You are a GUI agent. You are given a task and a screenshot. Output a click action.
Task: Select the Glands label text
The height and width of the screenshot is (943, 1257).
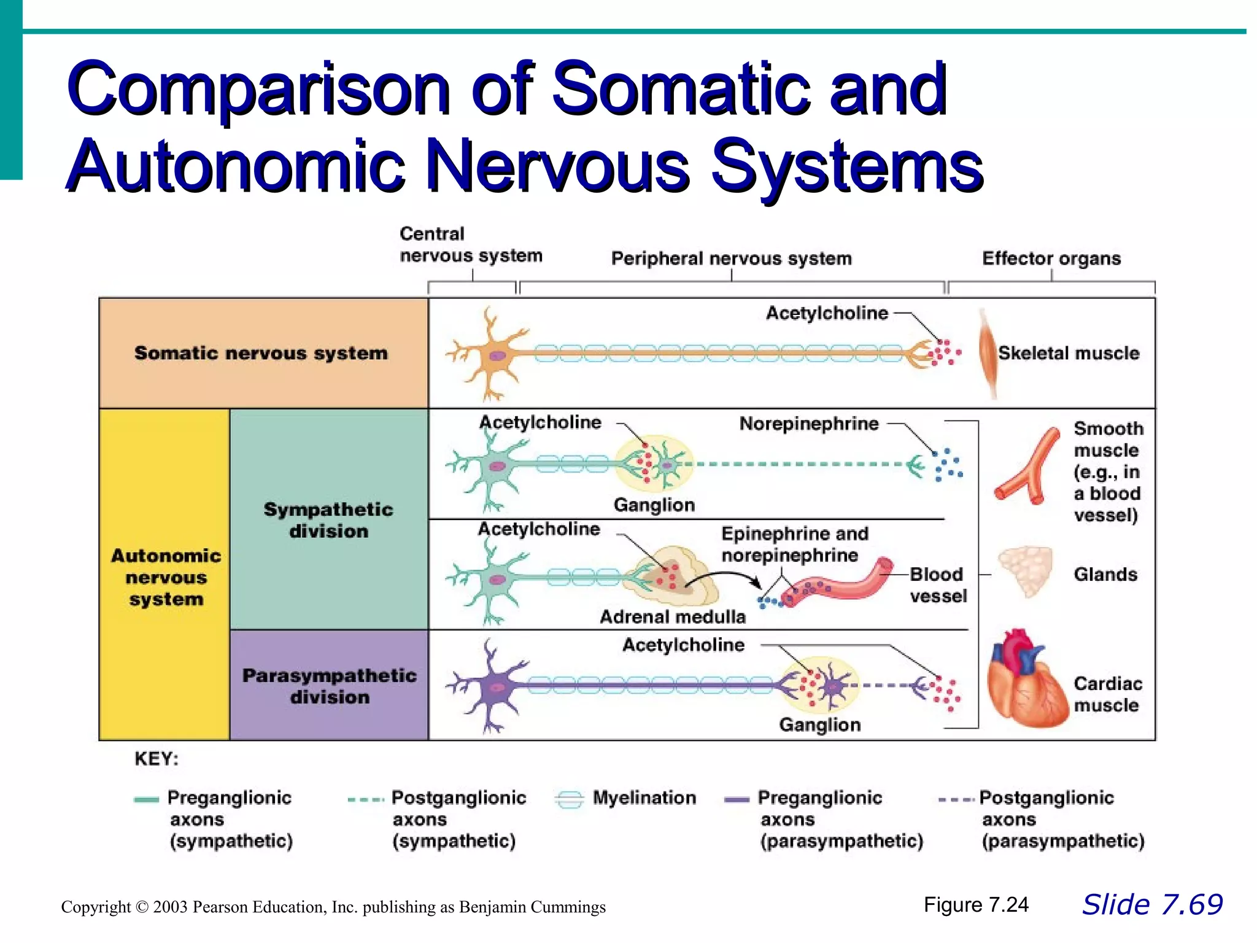point(1105,575)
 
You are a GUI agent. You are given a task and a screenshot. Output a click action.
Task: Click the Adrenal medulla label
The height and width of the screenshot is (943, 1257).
point(672,616)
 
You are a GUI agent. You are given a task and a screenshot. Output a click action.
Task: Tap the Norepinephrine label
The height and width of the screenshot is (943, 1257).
point(808,424)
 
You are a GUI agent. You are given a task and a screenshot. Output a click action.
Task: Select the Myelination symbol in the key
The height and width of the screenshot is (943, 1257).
point(569,799)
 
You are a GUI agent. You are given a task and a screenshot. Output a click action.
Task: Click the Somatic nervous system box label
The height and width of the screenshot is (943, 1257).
point(261,353)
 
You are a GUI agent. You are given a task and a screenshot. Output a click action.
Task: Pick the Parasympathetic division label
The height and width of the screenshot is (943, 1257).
point(329,686)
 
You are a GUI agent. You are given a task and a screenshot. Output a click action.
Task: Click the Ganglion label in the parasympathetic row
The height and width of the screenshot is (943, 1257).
point(819,724)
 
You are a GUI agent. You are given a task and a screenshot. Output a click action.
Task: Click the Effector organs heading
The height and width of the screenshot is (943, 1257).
point(1051,258)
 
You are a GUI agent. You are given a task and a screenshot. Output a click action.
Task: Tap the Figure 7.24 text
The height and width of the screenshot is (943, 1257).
point(975,905)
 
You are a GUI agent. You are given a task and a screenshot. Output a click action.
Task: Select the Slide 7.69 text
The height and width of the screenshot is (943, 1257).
point(1152,905)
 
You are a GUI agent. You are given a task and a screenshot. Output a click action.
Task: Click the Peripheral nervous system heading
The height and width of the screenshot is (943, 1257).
point(731,258)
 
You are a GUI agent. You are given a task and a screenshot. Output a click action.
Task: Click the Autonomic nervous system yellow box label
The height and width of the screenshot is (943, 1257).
point(166,577)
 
